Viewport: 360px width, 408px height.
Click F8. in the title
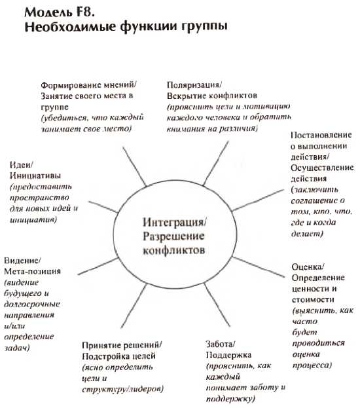coord(84,12)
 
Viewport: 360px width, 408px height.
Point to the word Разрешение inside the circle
coord(173,236)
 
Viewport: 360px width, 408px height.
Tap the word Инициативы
coord(35,176)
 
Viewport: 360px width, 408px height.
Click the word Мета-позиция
coord(33,271)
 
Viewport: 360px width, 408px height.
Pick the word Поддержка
coord(228,355)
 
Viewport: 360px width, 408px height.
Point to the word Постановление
coord(321,135)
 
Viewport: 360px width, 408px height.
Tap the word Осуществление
coord(322,168)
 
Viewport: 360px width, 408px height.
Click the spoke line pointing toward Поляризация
coord(216,164)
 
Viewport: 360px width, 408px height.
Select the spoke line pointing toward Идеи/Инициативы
coord(103,207)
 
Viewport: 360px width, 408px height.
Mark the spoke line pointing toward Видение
coord(99,266)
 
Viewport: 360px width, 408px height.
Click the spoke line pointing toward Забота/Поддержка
coord(217,305)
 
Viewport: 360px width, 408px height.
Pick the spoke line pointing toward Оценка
coord(258,267)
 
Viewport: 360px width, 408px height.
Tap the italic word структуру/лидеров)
coord(123,389)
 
